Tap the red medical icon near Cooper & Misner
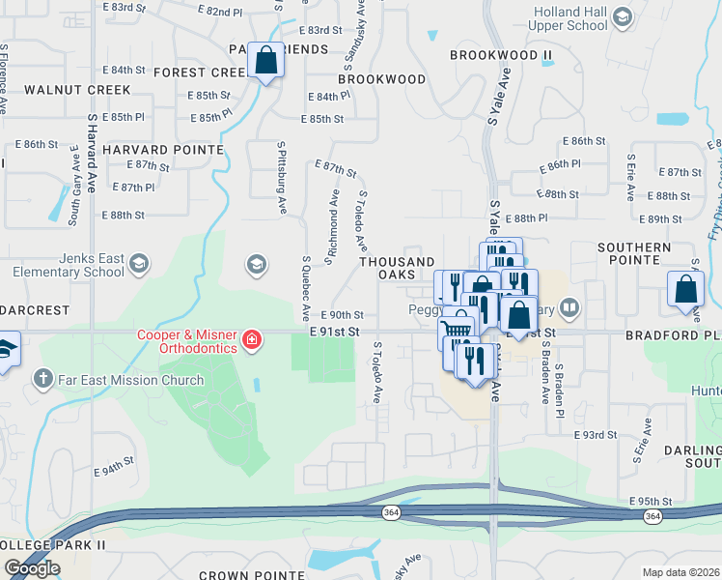pyautogui.click(x=251, y=339)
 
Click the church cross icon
pyautogui.click(x=42, y=378)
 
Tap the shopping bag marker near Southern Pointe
pyautogui.click(x=684, y=289)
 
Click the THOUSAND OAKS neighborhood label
pyautogui.click(x=397, y=269)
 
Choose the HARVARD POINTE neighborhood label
pyautogui.click(x=150, y=150)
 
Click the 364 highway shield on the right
pyautogui.click(x=653, y=516)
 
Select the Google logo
pyautogui.click(x=32, y=568)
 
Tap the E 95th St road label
pyautogui.click(x=649, y=502)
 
